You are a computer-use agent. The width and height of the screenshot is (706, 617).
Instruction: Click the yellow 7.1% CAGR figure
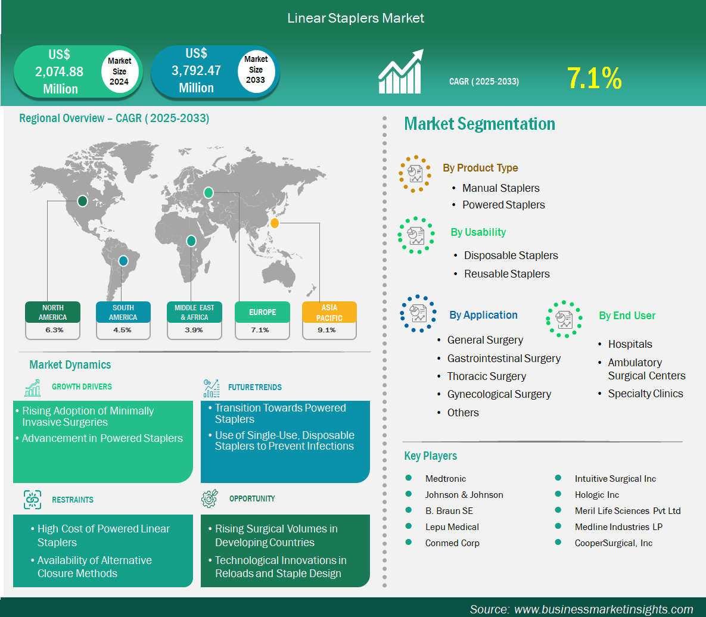point(594,78)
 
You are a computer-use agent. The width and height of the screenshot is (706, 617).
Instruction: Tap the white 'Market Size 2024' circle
point(119,71)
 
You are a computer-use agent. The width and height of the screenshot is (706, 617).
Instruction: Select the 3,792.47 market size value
point(197,71)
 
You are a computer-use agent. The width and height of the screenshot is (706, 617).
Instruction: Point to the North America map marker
point(82,201)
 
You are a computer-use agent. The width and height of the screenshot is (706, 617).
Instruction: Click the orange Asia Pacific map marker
point(274,223)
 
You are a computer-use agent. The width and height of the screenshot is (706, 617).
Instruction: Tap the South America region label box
point(123,312)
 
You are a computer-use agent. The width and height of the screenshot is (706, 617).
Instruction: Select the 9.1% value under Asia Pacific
point(326,330)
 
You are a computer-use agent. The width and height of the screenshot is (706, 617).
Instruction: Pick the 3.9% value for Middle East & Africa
point(194,330)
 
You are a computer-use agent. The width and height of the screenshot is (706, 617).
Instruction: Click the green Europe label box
point(263,312)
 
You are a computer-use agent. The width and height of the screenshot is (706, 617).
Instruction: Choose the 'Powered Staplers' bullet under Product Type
point(503,205)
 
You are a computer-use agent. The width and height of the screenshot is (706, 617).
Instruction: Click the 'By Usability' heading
point(478,232)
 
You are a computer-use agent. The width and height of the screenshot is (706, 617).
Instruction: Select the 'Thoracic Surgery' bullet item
point(486,376)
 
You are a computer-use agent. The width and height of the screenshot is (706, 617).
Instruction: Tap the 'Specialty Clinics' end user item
point(645,394)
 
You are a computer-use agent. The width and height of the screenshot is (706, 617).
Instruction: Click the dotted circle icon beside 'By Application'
point(418,314)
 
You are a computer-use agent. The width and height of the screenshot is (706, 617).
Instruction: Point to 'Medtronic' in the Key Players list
point(445,479)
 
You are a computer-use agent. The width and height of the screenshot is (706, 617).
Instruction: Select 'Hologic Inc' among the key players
point(596,495)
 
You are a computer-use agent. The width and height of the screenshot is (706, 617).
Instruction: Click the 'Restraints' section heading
point(73,500)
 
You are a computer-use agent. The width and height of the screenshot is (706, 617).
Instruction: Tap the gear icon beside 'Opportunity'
point(209,498)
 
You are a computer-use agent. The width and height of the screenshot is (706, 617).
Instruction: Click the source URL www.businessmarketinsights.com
point(604,609)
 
